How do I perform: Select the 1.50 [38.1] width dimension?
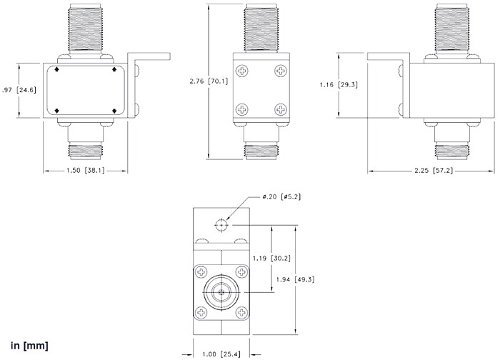(86, 171)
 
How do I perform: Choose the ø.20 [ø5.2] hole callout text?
(281, 197)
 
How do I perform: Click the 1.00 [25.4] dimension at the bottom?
(221, 352)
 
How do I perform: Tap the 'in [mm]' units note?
(29, 346)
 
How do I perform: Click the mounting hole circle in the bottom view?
(221, 224)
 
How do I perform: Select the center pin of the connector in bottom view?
(221, 292)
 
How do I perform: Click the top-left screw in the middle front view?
(244, 71)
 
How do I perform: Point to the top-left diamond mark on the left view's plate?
(57, 71)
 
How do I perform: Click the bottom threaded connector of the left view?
(86, 151)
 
